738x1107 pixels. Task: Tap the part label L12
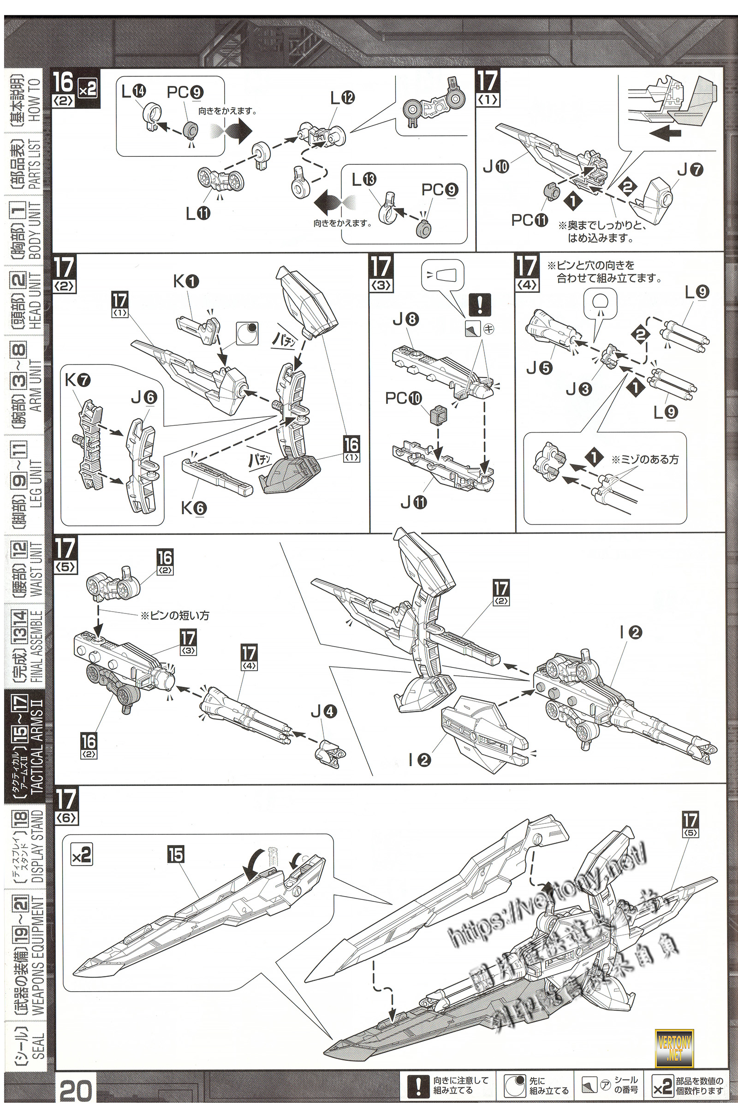pyautogui.click(x=342, y=98)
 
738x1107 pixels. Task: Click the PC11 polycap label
pyautogui.click(x=530, y=220)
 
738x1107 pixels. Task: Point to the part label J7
pyautogui.click(x=690, y=170)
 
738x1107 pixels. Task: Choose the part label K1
pyautogui.click(x=186, y=281)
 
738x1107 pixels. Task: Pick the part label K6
pyautogui.click(x=194, y=507)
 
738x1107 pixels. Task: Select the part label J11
pyautogui.click(x=413, y=503)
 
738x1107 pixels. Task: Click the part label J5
pyautogui.click(x=539, y=368)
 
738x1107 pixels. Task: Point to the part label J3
pyautogui.click(x=579, y=389)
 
